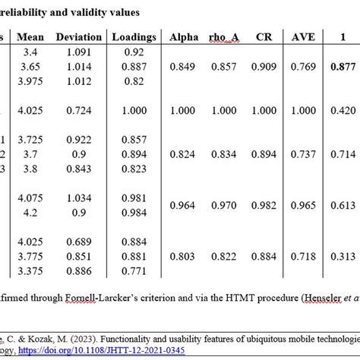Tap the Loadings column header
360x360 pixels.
(x=134, y=36)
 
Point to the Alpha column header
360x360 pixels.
(x=185, y=36)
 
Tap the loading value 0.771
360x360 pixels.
(x=134, y=270)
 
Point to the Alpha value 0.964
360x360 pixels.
(x=185, y=205)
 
